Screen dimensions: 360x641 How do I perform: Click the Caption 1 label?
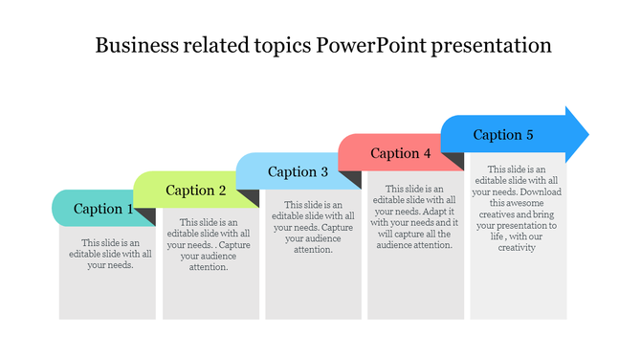coord(103,209)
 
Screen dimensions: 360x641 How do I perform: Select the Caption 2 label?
coord(196,191)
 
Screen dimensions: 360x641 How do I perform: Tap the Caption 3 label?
coord(298,172)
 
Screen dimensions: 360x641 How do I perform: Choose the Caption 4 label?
coord(401,153)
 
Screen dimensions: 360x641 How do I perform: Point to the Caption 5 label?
coord(503,135)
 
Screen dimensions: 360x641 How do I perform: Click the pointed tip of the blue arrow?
coord(586,134)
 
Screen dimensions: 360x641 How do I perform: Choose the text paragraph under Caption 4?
coord(413,217)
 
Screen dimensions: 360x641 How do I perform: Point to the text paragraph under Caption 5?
coord(517,208)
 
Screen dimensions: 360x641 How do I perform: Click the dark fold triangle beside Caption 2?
coord(250,198)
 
